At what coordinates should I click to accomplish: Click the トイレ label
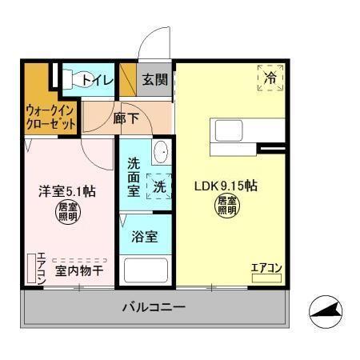[x=96, y=80]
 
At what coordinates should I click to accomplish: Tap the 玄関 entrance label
[x=155, y=80]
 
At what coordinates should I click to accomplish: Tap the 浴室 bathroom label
[x=145, y=238]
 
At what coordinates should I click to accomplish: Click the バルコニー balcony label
[x=154, y=307]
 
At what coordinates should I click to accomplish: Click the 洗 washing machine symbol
[x=160, y=186]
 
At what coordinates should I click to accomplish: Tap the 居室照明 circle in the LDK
[x=227, y=207]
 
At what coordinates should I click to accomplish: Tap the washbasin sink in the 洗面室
[x=159, y=152]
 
